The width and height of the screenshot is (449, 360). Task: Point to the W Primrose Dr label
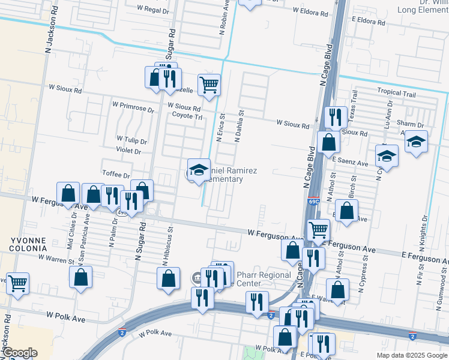133,105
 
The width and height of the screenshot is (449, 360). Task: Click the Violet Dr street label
128,152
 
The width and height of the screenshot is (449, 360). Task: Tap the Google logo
19,353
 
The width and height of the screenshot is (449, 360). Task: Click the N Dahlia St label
240,125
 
